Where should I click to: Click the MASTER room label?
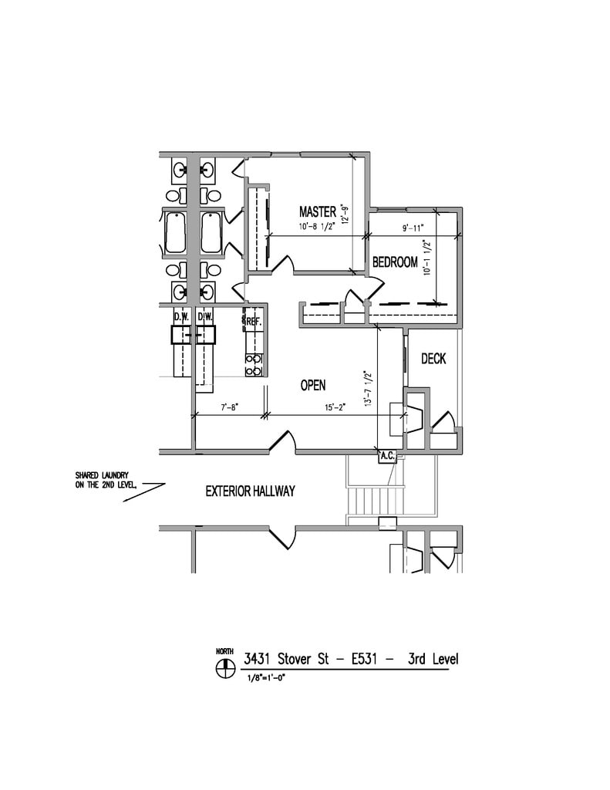(318, 211)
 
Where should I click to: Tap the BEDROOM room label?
(395, 262)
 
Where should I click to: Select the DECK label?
(433, 359)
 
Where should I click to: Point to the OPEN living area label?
(313, 386)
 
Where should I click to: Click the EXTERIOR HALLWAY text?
(250, 491)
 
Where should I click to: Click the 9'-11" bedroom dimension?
(413, 228)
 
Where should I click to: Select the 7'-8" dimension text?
(230, 407)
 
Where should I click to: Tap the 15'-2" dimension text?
(335, 407)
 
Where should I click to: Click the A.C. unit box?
(387, 457)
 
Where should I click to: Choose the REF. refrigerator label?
(254, 322)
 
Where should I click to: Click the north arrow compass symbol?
(225, 669)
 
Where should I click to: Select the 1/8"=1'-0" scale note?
(267, 677)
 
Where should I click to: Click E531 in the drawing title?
(364, 659)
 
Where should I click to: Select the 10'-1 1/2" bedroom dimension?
(428, 257)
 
